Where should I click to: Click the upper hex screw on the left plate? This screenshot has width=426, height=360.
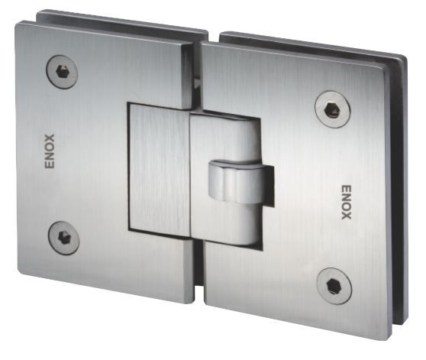(61, 73)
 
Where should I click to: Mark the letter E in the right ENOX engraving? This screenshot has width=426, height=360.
(345, 186)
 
